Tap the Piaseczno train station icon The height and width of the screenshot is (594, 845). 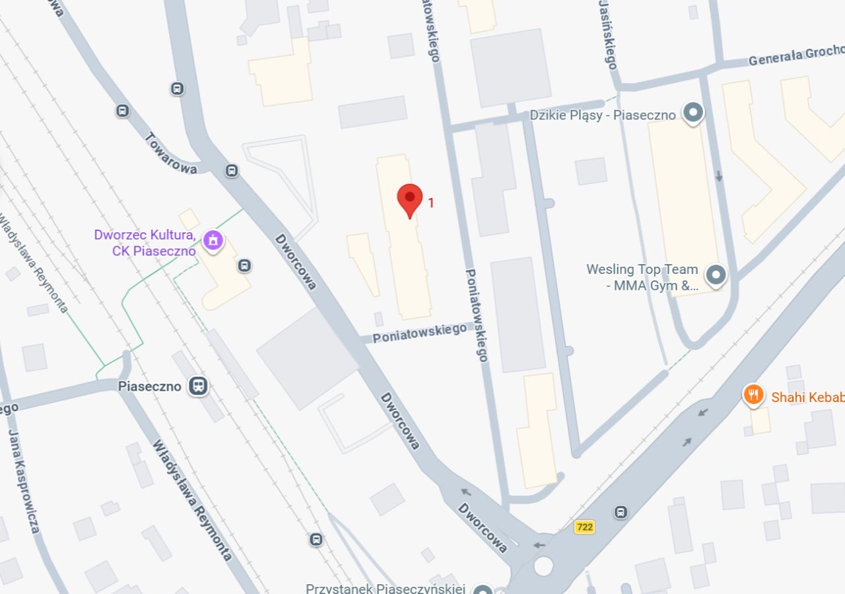tap(197, 386)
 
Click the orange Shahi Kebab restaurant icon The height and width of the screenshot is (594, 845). tap(753, 395)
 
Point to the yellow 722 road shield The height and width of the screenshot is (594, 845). tap(584, 527)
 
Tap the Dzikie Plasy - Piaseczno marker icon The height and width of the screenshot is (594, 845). tap(693, 114)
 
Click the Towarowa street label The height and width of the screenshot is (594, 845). tap(171, 154)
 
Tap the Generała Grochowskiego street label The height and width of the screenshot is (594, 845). tap(795, 56)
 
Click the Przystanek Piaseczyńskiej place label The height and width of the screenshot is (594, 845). tap(386, 588)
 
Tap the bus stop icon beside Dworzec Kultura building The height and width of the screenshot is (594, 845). tap(244, 266)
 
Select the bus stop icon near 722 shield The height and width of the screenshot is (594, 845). tap(621, 512)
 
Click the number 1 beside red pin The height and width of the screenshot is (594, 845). tap(431, 203)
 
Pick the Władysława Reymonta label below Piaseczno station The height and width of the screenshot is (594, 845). tap(192, 501)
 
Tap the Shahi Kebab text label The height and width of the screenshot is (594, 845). tap(807, 397)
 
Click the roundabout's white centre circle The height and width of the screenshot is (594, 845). tap(543, 566)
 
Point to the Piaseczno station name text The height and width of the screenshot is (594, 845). tap(149, 386)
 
